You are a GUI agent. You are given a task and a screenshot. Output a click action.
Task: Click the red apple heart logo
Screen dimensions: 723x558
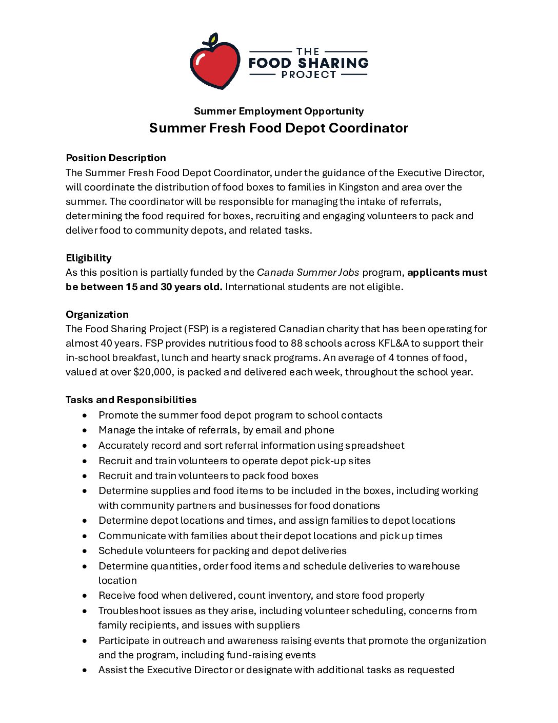[214, 63]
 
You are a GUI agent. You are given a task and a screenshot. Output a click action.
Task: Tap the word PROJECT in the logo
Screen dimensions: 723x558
[308, 75]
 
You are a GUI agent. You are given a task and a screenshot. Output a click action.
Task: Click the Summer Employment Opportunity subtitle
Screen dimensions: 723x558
[278, 111]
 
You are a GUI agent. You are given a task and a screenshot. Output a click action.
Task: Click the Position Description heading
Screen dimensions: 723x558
[116, 158]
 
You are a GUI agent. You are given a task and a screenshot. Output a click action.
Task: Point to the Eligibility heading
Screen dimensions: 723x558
[89, 258]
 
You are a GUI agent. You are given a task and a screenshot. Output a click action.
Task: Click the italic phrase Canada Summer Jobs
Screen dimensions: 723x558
[308, 272]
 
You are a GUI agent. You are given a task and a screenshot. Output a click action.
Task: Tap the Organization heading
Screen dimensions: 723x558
[97, 314]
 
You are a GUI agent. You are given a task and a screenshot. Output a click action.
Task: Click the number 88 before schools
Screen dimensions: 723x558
[297, 343]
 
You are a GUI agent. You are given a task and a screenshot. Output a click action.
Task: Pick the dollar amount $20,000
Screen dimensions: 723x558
[152, 372]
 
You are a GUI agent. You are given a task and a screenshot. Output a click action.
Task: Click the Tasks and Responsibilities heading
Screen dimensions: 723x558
[131, 399]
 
